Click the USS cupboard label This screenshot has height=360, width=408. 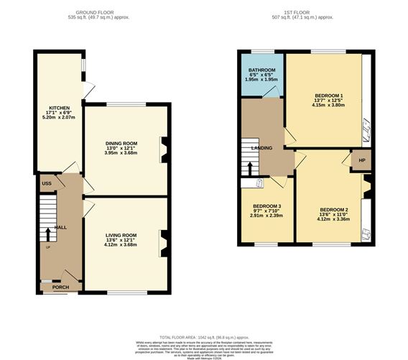(x=45, y=184)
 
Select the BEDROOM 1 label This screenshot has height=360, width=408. (x=328, y=96)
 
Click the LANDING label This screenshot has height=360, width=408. (x=260, y=148)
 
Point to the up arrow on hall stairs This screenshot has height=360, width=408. (x=48, y=234)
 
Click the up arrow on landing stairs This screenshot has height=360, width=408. (x=249, y=168)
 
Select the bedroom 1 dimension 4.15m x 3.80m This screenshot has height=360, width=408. (x=328, y=106)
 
